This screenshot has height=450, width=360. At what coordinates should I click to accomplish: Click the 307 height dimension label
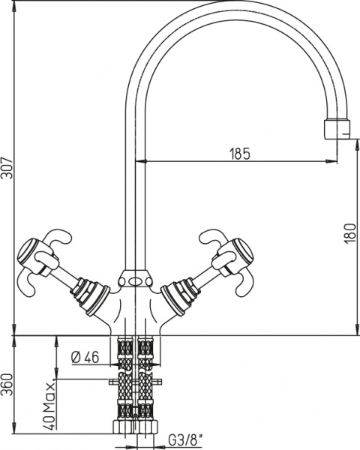pyautogui.click(x=7, y=168)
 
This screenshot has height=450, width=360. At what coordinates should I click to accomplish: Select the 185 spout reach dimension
pyautogui.click(x=240, y=154)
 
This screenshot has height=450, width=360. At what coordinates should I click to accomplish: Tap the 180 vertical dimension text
pyautogui.click(x=349, y=233)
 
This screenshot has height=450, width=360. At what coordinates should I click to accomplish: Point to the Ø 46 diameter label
pyautogui.click(x=85, y=358)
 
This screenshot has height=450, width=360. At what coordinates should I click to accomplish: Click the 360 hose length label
pyautogui.click(x=7, y=385)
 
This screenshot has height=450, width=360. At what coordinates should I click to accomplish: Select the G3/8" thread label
pyautogui.click(x=185, y=440)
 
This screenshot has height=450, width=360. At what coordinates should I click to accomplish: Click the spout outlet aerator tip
pyautogui.click(x=337, y=129)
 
